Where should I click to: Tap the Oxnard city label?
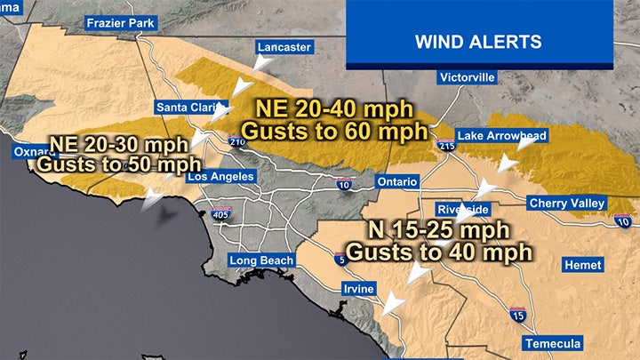[x=30, y=152]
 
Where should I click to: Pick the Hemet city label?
[x=583, y=265]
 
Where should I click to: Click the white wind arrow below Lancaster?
[x=241, y=88]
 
